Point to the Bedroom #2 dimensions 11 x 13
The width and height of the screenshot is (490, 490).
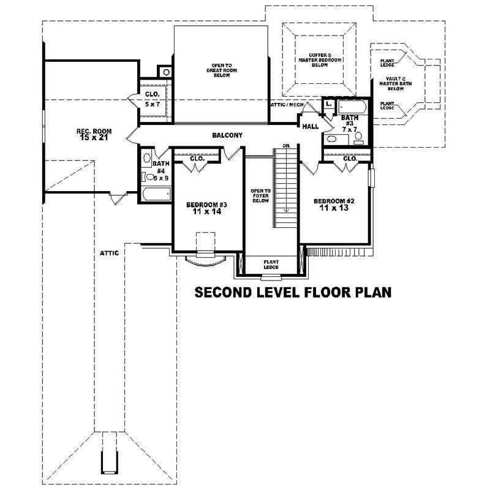[334, 208]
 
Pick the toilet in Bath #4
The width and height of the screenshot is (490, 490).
[148, 177]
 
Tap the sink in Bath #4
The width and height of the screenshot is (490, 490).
[146, 158]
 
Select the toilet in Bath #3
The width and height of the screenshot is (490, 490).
[360, 136]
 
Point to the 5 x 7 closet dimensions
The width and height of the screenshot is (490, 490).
[152, 105]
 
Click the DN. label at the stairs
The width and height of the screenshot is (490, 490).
[286, 146]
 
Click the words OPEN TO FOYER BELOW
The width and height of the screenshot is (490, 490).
[260, 195]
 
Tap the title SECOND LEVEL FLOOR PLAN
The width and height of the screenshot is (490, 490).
[293, 292]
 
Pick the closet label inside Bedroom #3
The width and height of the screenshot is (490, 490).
[197, 158]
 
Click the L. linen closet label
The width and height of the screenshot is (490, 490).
[329, 104]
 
